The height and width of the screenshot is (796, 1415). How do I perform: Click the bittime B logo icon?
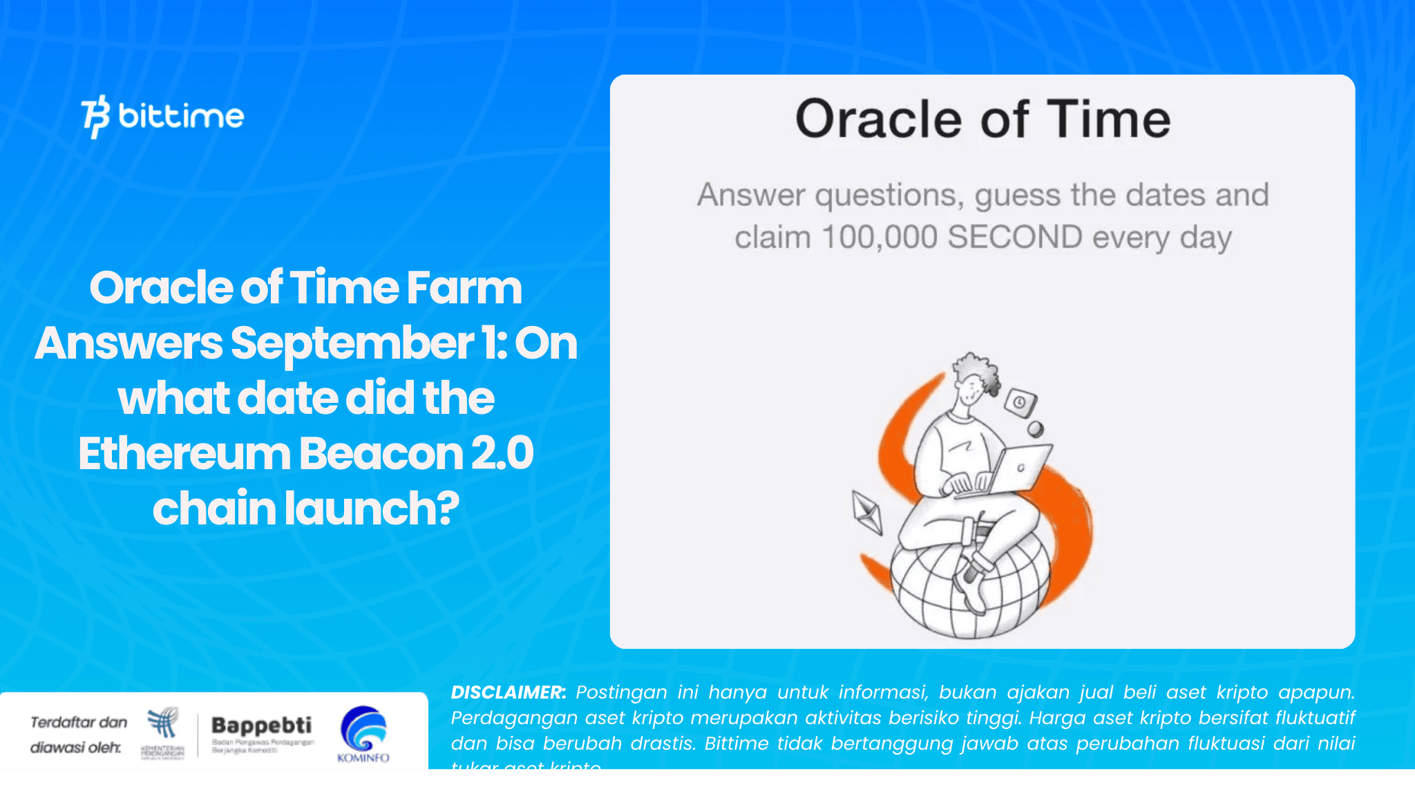95,116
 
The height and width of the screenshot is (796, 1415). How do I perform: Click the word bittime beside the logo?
181,116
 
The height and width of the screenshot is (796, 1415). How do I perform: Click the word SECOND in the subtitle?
1014,237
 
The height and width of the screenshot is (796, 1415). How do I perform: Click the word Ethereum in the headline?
184,454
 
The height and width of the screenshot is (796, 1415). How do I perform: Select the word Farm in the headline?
464,288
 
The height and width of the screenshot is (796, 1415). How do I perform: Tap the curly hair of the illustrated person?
980,370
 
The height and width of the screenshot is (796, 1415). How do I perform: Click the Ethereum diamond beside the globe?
867,512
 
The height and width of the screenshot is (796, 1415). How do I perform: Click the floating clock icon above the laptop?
1020,402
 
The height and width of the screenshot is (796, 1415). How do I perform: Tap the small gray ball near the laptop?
1035,429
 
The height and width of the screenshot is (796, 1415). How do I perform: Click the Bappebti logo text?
261,726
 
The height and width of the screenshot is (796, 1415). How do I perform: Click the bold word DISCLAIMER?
508,692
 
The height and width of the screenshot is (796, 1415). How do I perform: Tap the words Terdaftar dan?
79,722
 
